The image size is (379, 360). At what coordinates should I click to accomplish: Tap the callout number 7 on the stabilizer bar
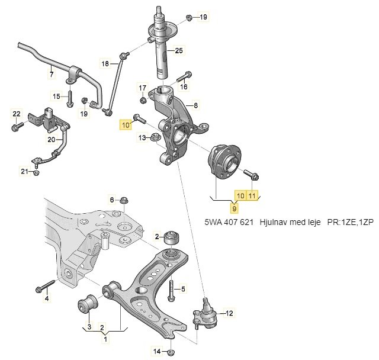pos(52,75)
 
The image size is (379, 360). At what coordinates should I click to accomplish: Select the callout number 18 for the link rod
pos(105,63)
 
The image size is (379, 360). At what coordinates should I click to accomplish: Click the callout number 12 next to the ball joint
pos(229,312)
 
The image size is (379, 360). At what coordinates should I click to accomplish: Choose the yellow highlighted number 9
pos(235,208)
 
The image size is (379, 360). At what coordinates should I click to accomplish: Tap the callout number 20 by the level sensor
pos(51,140)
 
